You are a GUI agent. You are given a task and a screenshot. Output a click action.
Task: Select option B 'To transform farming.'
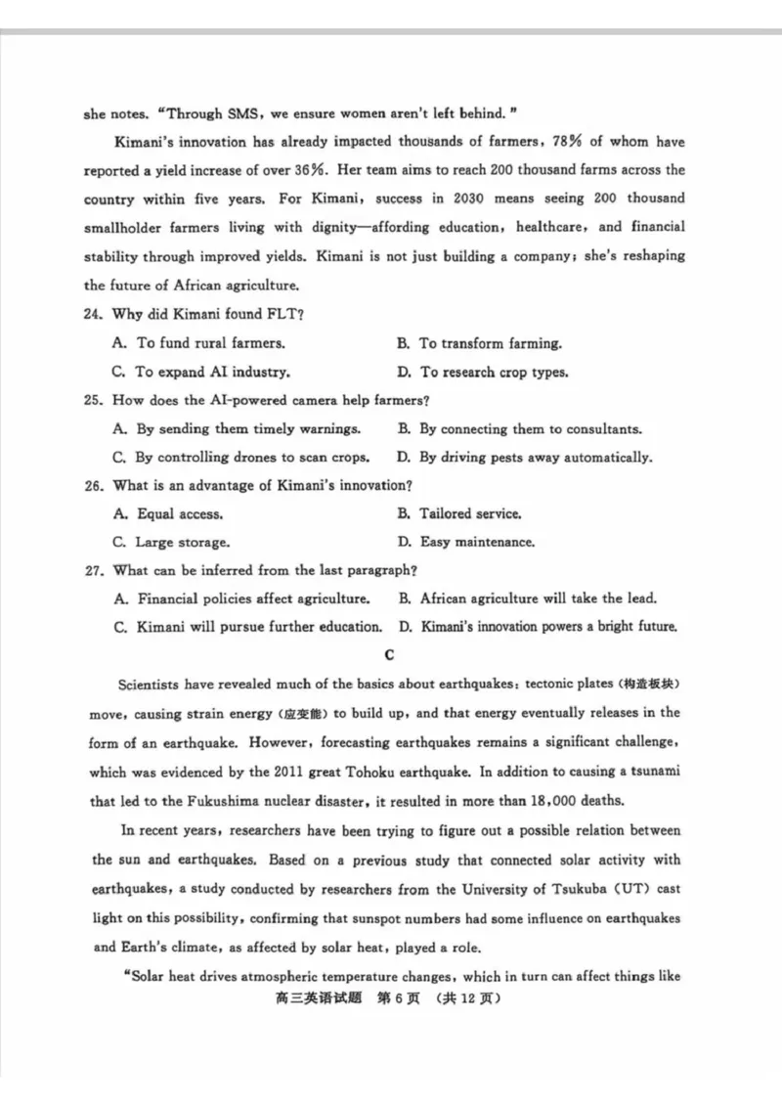pyautogui.click(x=479, y=343)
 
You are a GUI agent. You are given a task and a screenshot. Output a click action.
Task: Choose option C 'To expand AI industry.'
pyautogui.click(x=201, y=372)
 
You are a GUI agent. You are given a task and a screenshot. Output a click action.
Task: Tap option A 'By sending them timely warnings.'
pyautogui.click(x=238, y=428)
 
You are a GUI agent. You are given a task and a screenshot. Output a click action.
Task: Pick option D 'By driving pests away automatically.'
pyautogui.click(x=525, y=457)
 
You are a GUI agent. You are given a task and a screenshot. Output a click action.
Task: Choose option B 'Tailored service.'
pyautogui.click(x=459, y=513)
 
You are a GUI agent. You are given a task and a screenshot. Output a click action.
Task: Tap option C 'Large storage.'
pyautogui.click(x=171, y=542)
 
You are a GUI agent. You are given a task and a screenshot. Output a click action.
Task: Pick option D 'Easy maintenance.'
pyautogui.click(x=465, y=542)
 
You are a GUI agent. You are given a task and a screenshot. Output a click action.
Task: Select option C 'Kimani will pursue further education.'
pyautogui.click(x=247, y=627)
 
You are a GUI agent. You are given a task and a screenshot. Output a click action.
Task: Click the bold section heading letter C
pyautogui.click(x=390, y=654)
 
